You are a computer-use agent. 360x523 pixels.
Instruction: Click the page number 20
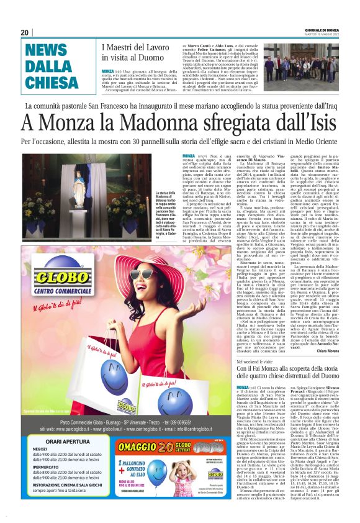coord(24,32)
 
